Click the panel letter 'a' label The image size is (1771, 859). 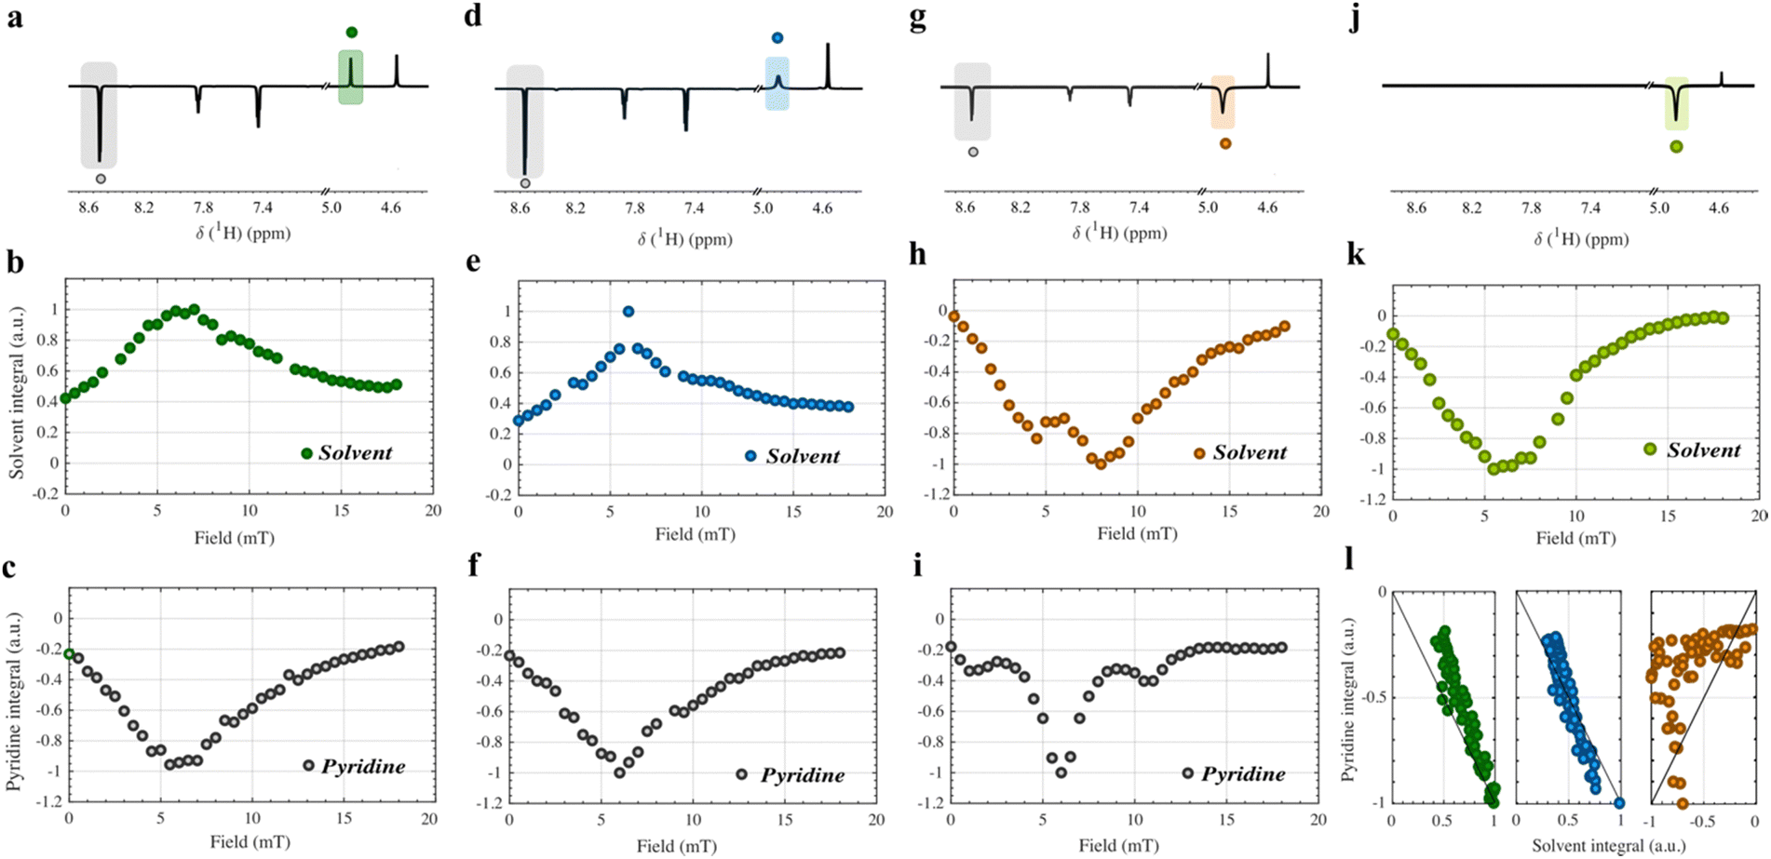14,17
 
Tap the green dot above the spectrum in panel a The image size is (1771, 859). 351,33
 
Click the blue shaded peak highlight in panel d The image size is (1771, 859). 777,84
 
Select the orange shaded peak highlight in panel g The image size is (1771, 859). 1223,102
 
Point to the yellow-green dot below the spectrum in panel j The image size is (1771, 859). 1676,146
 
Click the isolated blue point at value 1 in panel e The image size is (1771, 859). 629,312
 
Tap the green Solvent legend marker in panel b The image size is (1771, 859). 306,453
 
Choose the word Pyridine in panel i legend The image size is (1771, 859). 1243,774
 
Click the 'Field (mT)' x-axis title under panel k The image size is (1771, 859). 1575,538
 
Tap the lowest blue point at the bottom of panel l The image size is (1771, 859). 1619,803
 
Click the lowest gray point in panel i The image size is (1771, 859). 1061,772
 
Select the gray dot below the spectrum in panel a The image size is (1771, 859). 101,179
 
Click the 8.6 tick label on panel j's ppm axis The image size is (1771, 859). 1415,208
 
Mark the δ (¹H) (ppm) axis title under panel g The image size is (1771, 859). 1120,233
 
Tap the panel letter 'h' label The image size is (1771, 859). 918,254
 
